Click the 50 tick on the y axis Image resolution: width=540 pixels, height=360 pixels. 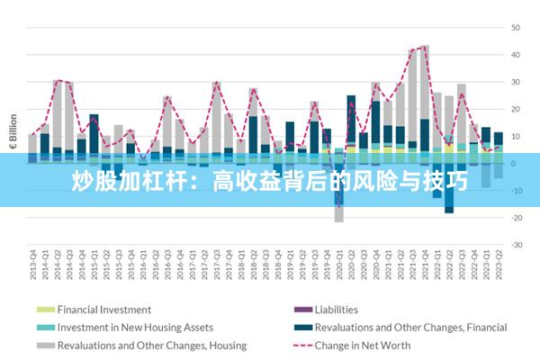(517, 28)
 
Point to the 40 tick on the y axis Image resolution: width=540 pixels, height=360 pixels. (517, 55)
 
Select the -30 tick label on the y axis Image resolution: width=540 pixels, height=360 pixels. (517, 245)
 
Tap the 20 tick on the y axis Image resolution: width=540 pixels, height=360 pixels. (517, 109)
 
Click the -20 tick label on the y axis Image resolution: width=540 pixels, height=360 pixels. (517, 218)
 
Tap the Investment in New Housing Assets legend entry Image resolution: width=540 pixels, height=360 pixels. (135, 328)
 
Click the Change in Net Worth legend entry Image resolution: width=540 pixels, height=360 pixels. (363, 345)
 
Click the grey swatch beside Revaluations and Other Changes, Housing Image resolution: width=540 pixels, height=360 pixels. (43, 345)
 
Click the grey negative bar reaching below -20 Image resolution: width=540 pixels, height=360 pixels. (339, 214)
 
